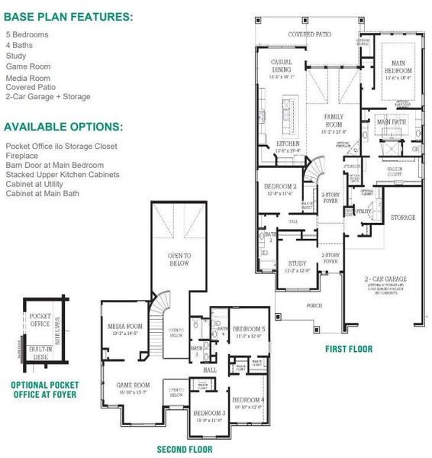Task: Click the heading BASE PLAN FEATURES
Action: pyautogui.click(x=68, y=16)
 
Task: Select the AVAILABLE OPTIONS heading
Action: pyautogui.click(x=63, y=127)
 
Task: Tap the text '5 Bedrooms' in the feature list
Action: pyautogui.click(x=28, y=35)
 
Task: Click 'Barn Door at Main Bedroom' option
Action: pyautogui.click(x=55, y=165)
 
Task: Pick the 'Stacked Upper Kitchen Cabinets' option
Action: pyautogui.click(x=63, y=175)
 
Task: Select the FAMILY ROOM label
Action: pyautogui.click(x=334, y=121)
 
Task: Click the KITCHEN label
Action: pyautogui.click(x=287, y=144)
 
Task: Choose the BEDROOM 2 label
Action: pyautogui.click(x=280, y=187)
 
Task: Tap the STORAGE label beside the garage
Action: pyautogui.click(x=402, y=218)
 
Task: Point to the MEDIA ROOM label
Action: pyautogui.click(x=126, y=325)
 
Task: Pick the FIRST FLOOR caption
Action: pyautogui.click(x=350, y=349)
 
